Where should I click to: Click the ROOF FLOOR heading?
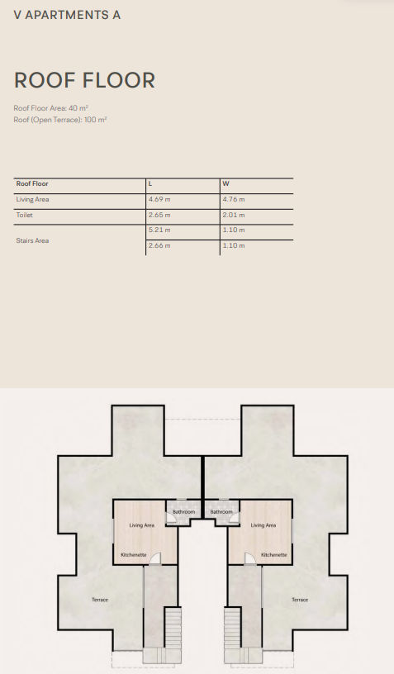(84, 80)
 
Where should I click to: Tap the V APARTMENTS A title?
(67, 15)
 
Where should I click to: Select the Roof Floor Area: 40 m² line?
(50, 108)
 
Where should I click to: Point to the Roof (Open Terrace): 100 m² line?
(60, 120)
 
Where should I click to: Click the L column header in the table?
(150, 183)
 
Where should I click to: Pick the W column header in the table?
(226, 183)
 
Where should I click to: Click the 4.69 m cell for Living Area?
(159, 199)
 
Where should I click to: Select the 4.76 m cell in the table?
(234, 199)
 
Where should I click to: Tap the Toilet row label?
(25, 215)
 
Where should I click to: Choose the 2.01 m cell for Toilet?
(234, 215)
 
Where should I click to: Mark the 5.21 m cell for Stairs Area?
(159, 230)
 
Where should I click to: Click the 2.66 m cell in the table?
(159, 245)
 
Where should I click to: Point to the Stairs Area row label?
(33, 240)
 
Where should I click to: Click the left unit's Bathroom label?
(184, 512)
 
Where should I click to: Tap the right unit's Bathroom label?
(221, 512)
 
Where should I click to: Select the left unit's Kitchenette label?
(134, 555)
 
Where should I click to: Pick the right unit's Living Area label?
(263, 525)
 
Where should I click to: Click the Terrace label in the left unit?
(100, 600)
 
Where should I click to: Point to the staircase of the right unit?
(232, 628)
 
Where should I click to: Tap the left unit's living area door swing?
(155, 558)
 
